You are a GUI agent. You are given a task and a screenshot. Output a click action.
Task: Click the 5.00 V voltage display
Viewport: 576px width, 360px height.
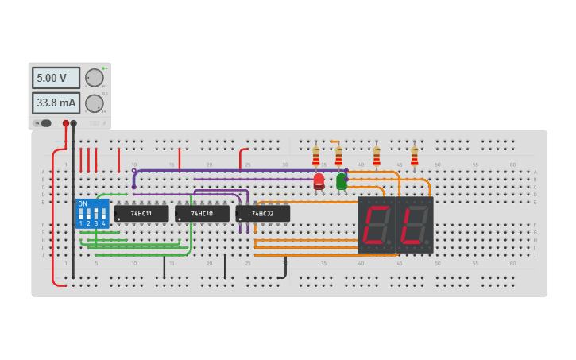point(56,78)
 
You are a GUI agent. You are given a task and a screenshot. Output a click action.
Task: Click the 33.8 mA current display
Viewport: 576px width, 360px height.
point(56,103)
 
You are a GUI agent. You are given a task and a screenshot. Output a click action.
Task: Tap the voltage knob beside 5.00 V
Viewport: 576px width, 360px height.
point(94,78)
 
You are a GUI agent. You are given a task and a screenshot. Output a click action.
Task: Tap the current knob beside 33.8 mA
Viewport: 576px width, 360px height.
point(94,103)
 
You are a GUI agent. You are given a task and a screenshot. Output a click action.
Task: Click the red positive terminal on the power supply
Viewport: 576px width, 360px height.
point(66,123)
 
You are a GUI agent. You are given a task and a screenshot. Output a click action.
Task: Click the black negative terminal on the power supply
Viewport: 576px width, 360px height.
point(74,123)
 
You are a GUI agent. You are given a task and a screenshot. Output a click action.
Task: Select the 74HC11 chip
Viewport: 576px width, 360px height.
point(141,214)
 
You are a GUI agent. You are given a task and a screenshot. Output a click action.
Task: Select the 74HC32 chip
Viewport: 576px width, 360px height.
point(262,214)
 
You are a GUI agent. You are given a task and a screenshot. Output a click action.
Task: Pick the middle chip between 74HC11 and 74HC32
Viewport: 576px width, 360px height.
point(202,214)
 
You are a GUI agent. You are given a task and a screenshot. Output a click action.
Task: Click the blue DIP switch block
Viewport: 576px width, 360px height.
point(92,214)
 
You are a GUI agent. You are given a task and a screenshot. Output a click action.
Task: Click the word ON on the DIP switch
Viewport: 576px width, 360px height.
point(83,204)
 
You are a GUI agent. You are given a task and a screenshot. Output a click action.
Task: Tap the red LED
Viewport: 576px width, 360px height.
point(319,181)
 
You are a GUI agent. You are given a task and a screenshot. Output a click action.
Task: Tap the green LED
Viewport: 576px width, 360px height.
point(342,181)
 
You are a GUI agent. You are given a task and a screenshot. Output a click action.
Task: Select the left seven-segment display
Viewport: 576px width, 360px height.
point(376,225)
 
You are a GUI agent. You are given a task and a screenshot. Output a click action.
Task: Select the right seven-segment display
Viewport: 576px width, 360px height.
point(414,225)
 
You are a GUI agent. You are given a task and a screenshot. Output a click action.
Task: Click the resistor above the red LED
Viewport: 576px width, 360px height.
point(316,154)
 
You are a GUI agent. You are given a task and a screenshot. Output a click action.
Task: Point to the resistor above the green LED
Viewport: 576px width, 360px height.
point(338,154)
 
